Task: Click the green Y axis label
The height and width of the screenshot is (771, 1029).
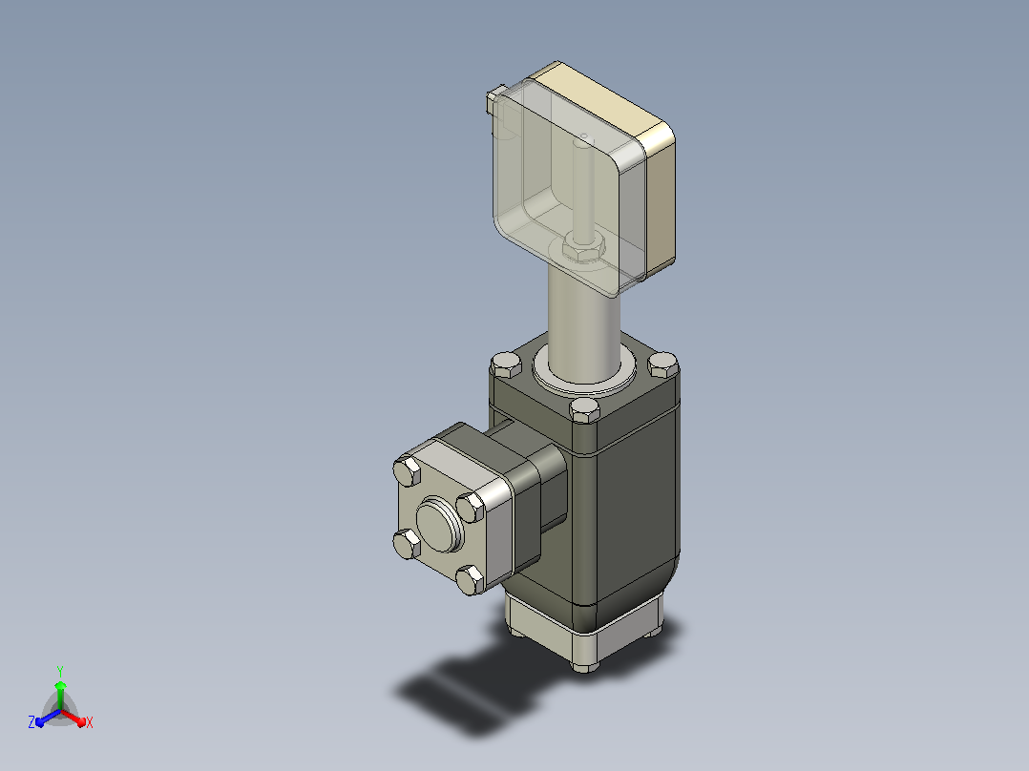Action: pyautogui.click(x=60, y=671)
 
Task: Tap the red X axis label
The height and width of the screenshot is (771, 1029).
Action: pyautogui.click(x=90, y=722)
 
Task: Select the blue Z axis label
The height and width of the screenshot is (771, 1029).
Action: pyautogui.click(x=31, y=721)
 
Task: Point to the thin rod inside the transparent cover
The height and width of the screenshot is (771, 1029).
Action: pyautogui.click(x=582, y=186)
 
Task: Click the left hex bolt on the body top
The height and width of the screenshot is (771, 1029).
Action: pyautogui.click(x=506, y=365)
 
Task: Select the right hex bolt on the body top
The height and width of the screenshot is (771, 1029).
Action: pyautogui.click(x=662, y=365)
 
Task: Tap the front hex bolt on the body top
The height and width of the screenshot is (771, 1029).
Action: pyautogui.click(x=584, y=410)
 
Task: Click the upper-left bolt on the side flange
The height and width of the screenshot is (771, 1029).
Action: pyautogui.click(x=407, y=471)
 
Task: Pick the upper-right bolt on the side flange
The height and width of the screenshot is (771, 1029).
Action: pyautogui.click(x=470, y=508)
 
